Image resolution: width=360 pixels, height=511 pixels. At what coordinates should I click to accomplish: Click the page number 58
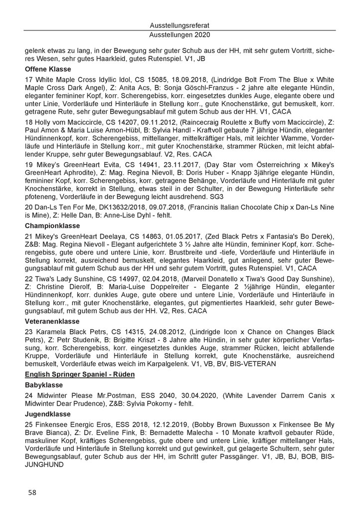click(x=32, y=492)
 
